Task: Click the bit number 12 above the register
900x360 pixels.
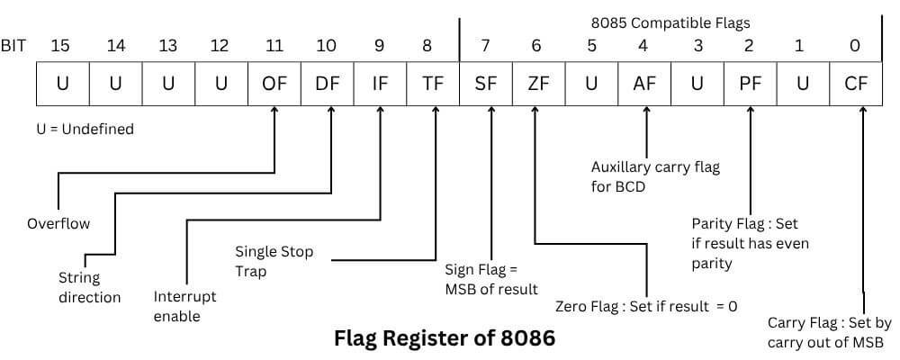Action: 220,45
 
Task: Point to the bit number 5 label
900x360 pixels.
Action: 591,45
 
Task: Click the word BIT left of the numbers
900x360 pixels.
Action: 13,45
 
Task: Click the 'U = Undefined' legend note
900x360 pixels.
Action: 85,129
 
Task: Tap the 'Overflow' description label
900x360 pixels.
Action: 58,223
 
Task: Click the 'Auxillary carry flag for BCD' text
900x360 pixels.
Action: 655,175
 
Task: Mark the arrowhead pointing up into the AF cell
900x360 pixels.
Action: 645,112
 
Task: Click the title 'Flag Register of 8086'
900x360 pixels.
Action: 445,338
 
